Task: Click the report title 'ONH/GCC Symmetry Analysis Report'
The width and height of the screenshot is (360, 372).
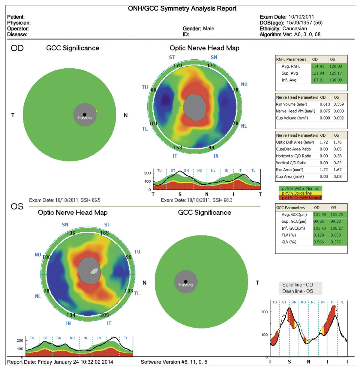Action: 182,8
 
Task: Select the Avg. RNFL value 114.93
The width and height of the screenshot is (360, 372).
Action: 318,66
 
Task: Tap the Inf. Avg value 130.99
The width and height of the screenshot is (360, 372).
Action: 336,80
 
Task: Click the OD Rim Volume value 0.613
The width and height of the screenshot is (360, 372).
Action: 325,104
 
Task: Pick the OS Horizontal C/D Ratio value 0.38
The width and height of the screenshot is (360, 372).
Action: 337,156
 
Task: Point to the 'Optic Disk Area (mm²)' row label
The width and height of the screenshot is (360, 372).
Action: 295,142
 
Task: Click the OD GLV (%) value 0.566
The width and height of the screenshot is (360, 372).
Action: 319,242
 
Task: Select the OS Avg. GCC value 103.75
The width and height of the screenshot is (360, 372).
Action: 337,215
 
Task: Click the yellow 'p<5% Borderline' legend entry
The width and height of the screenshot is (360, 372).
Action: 297,193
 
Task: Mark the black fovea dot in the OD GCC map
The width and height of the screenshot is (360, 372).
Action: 85,115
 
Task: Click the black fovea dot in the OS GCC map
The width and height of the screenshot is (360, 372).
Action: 186,282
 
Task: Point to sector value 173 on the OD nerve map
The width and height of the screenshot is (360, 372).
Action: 211,65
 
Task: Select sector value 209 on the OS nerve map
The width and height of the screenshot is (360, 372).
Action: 104,315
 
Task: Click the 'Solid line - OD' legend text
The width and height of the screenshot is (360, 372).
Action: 297,285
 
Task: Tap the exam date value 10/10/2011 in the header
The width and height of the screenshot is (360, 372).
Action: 301,17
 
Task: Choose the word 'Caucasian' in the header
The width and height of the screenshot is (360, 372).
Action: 295,28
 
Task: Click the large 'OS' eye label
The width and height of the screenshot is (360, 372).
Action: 17,207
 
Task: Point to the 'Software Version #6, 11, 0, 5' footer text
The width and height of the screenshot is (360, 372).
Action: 174,362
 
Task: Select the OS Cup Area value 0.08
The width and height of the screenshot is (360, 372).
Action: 337,177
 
